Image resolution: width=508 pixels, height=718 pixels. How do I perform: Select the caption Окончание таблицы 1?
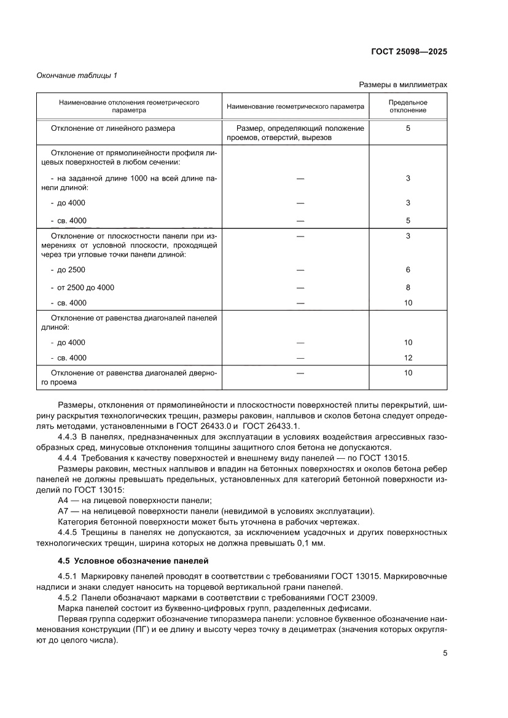tap(77, 76)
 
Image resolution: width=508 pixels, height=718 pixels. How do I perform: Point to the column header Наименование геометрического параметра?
tap(295, 106)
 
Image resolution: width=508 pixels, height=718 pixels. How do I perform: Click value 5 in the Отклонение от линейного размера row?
tap(408, 128)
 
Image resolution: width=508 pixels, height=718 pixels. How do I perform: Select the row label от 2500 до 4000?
tap(85, 287)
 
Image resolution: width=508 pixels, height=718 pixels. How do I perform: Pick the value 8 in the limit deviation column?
tap(408, 287)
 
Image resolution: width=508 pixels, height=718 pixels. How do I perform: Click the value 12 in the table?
tap(408, 357)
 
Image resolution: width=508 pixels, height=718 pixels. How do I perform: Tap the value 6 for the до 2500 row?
tap(408, 270)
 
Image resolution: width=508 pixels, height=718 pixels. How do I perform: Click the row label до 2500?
tap(71, 270)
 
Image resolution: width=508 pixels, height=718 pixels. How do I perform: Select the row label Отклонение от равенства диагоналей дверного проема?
tap(131, 377)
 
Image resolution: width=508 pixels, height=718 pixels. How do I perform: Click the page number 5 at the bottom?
tap(445, 654)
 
